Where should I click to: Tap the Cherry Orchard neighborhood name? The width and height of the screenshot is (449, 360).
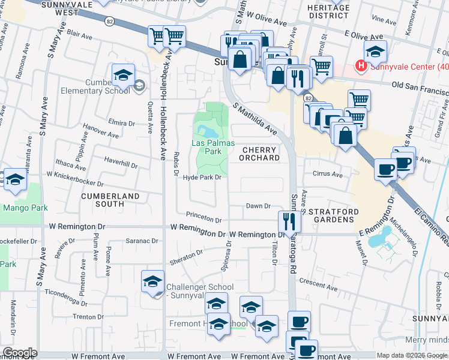[x=260, y=154]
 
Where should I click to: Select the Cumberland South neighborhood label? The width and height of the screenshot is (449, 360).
[x=110, y=200]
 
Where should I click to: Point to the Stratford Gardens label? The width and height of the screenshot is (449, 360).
[x=334, y=216]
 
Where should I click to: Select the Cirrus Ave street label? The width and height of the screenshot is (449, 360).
[x=327, y=175]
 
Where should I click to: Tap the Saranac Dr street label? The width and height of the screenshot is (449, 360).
[x=142, y=241]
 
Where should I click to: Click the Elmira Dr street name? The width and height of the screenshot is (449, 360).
[x=122, y=123]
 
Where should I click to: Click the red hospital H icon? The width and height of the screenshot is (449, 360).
[x=361, y=65]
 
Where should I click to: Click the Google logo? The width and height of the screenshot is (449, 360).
[x=20, y=353]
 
